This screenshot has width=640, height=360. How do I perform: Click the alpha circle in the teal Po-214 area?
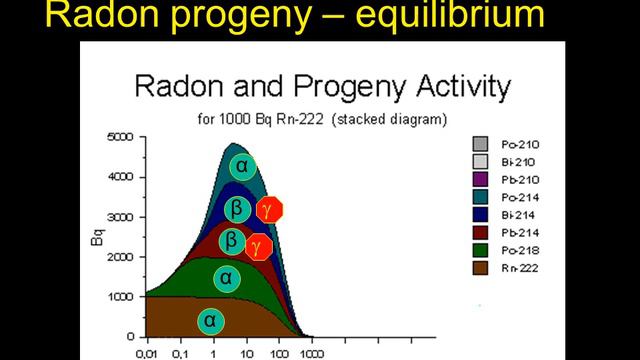[240, 166]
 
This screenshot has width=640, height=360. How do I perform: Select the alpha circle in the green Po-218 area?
[227, 277]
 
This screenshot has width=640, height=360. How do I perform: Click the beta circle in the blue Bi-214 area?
[236, 209]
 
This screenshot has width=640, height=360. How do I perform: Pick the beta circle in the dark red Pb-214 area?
[230, 242]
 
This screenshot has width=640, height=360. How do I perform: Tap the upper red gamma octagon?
[270, 209]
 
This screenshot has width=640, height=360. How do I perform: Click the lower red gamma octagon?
[260, 244]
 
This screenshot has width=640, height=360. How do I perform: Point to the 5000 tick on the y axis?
[121, 137]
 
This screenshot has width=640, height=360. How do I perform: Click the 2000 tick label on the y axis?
[121, 257]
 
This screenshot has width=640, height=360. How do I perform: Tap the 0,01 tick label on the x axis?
[148, 353]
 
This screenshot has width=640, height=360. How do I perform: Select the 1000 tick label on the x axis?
[313, 353]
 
